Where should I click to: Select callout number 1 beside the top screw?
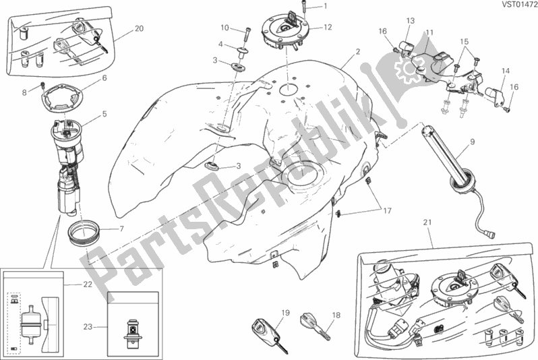pos(325,6)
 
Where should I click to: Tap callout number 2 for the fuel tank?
pos(358,52)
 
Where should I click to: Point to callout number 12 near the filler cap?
pos(328,28)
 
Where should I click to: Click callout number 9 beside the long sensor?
pos(472,142)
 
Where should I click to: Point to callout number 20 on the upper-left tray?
pos(139,28)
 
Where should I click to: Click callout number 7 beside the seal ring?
pos(122,229)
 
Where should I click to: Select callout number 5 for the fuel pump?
pos(104,115)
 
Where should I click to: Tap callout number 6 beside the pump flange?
pos(104,78)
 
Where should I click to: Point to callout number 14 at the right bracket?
pos(506,69)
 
